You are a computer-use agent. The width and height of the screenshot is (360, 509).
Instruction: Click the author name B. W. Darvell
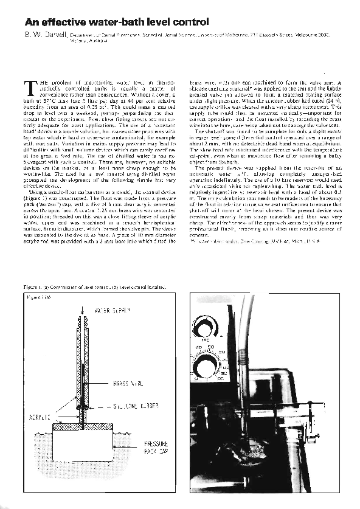click(x=41, y=37)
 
